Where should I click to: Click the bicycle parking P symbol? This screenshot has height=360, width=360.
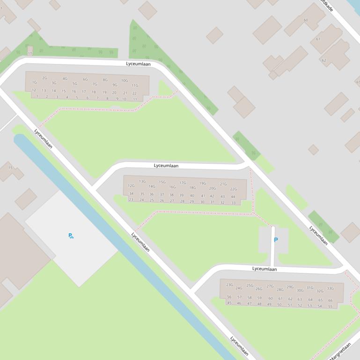(71, 236)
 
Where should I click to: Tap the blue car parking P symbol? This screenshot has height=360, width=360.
(276, 240)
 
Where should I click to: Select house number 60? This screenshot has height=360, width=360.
(306, 20)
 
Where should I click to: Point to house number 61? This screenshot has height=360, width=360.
(318, 39)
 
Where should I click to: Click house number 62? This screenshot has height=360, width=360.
(323, 60)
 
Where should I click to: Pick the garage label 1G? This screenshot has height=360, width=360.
(34, 82)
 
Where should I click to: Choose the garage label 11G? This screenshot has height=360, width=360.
(135, 86)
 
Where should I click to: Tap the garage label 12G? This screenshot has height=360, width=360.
(131, 186)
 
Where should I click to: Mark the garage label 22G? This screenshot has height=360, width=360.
(233, 189)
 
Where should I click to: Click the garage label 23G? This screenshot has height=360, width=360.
(229, 285)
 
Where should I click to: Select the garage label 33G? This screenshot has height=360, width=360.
(330, 288)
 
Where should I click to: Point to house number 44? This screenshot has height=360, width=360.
(233, 197)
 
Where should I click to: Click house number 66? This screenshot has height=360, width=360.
(330, 301)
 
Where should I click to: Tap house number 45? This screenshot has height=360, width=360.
(229, 303)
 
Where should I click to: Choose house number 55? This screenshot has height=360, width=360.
(330, 307)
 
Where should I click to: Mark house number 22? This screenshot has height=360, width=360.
(134, 93)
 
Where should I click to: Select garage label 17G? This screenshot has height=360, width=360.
(183, 183)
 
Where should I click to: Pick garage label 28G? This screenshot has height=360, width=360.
(280, 289)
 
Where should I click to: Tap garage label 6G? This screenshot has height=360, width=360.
(85, 79)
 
